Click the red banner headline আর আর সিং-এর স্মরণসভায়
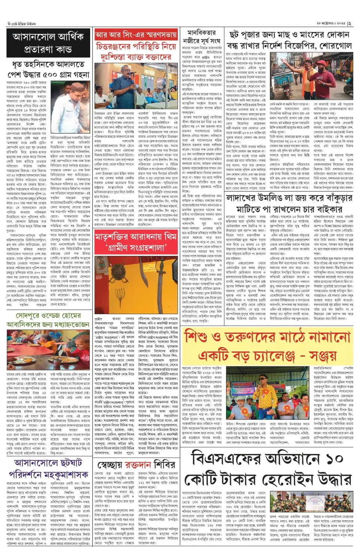coord(136,35)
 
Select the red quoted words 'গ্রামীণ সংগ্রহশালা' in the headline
coord(136,247)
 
